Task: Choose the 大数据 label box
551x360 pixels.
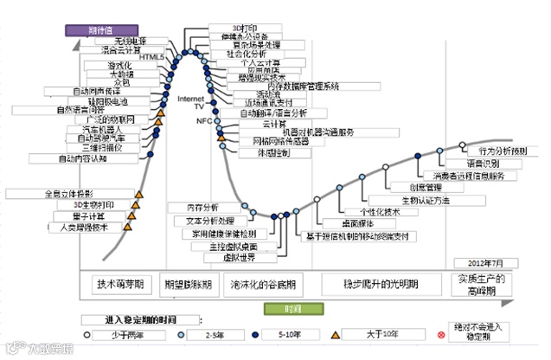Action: coord(120,74)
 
